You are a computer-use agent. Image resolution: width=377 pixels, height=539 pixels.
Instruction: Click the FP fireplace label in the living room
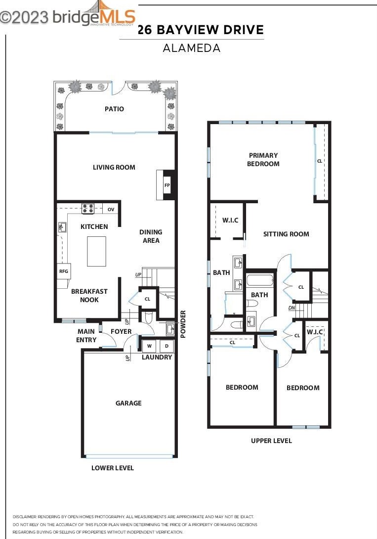167,185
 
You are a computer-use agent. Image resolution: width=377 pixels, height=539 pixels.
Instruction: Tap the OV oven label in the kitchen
111,210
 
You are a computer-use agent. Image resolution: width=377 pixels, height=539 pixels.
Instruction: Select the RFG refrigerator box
63,271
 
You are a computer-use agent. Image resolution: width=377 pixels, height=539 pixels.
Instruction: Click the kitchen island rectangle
96,251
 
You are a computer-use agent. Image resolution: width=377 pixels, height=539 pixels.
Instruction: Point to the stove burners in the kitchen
88,209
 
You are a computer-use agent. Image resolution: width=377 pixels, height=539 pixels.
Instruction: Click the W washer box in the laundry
149,346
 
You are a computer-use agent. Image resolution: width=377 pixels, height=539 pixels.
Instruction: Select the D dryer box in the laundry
167,346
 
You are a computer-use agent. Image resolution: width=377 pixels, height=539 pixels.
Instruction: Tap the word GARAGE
128,403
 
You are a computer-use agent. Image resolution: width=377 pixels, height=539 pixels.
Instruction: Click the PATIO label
114,109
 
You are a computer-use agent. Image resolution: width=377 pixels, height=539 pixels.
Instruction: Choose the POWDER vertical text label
183,324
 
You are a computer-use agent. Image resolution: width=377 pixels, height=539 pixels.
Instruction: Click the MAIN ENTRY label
86,336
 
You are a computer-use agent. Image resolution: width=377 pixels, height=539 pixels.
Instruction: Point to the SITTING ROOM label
286,234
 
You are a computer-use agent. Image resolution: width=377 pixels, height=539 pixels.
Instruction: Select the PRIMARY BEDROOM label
263,159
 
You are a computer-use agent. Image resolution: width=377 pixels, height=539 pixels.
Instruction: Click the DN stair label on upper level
292,308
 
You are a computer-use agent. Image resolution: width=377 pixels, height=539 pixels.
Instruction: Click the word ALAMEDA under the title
192,48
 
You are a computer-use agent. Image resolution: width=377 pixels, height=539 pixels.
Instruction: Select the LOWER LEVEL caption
113,468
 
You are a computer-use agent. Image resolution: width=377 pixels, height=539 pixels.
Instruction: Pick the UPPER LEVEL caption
271,441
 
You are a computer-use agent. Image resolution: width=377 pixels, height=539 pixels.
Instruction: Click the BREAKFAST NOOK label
89,296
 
